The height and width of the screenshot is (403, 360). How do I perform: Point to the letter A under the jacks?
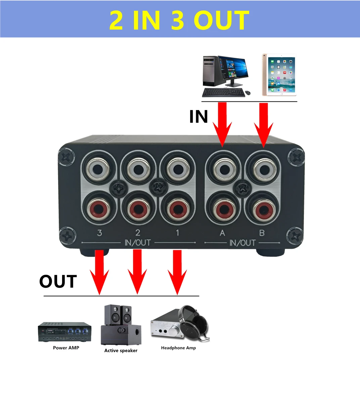[x=222, y=233]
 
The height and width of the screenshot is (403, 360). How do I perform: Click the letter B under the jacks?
[x=262, y=233]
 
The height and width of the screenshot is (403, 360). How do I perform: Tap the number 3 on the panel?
[x=99, y=233]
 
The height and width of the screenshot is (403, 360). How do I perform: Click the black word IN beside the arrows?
[x=198, y=117]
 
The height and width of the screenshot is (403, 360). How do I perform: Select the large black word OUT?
[x=58, y=282]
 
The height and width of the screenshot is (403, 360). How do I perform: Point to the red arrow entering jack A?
[x=222, y=124]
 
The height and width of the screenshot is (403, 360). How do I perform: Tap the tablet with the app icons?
[x=279, y=75]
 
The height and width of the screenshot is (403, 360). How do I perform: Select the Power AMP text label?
[x=66, y=348]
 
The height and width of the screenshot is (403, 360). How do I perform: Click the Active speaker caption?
[x=121, y=351]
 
